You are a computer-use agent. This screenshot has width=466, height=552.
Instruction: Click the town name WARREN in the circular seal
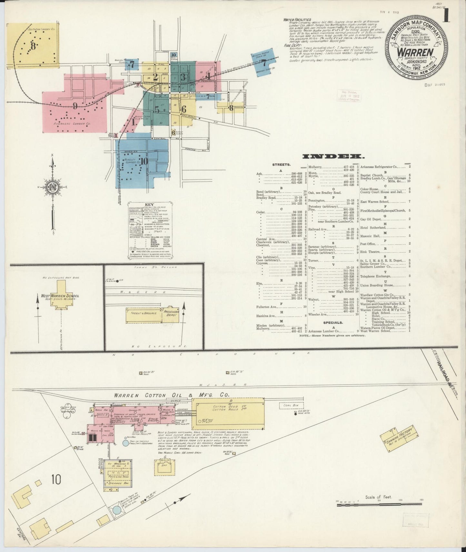coord(415,52)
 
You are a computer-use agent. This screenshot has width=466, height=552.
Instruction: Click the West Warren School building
coord(60,295)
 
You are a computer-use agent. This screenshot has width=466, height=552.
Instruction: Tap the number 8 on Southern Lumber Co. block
coord(33,46)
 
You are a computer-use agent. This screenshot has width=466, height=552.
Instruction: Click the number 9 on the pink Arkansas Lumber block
coord(75,106)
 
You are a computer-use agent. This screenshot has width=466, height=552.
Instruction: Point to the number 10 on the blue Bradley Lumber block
coord(144,161)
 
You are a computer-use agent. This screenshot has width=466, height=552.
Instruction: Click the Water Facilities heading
coord(297,20)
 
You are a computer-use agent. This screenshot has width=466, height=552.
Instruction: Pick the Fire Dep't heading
coord(291,46)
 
